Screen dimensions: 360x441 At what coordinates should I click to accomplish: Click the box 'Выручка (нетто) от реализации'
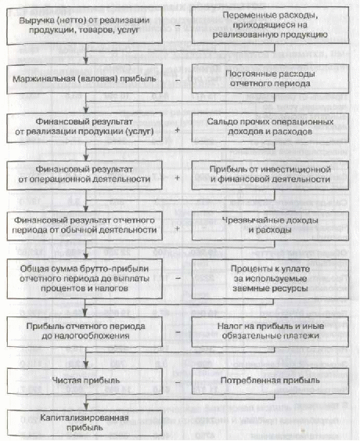tap(85, 26)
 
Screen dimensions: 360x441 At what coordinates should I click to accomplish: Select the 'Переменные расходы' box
tap(270, 25)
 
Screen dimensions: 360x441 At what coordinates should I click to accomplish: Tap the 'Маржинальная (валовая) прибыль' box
tap(85, 79)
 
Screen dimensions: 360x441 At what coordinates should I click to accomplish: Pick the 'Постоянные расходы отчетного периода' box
tap(270, 79)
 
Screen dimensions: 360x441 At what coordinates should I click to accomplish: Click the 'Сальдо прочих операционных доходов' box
tap(270, 127)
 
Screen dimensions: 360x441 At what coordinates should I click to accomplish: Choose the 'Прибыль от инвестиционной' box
tap(270, 175)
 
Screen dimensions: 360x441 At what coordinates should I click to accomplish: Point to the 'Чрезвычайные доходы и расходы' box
tap(270, 226)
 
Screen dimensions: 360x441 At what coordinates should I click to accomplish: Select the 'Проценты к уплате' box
tap(270, 279)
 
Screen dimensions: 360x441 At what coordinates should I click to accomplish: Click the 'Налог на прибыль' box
tap(270, 331)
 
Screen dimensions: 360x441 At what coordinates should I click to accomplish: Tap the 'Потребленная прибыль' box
tap(270, 381)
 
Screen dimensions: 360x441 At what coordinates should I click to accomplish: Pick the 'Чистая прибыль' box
tap(85, 381)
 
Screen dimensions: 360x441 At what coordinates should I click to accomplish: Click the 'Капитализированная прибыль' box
tap(85, 423)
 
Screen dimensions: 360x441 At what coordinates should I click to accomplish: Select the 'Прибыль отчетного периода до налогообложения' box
tap(85, 331)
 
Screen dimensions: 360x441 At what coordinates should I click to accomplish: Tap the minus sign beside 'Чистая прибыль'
tap(178, 382)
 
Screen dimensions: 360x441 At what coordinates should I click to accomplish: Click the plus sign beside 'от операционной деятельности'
tap(178, 178)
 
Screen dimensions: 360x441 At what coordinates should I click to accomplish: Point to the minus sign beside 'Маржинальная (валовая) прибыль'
tap(178, 80)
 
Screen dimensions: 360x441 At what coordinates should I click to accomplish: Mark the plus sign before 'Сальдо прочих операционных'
tap(178, 130)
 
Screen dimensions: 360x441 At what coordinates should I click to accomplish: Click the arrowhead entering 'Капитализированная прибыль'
tap(86, 407)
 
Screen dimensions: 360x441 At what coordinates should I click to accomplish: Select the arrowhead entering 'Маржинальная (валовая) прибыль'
tap(86, 62)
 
